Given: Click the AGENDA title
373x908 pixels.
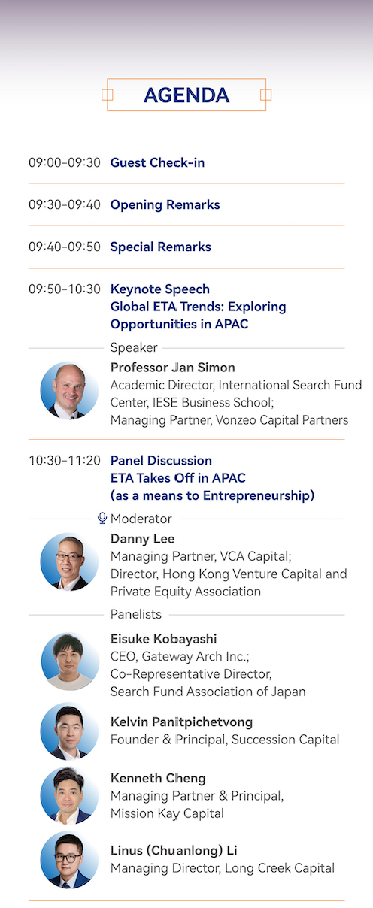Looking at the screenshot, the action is (x=186, y=95).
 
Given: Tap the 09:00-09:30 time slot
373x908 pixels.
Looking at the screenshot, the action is (x=65, y=162).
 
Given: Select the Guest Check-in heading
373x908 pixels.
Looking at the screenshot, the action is (x=157, y=162).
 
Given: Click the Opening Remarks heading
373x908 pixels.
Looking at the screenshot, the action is (x=165, y=205).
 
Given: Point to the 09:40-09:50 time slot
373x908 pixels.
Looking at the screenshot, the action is (x=65, y=247).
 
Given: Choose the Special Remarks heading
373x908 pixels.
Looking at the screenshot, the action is (x=160, y=247).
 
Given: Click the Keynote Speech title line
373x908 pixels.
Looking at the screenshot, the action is (x=160, y=289).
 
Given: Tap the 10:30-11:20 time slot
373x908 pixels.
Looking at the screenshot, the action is (x=65, y=461).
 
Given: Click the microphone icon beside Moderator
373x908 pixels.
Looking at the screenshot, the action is (x=102, y=518).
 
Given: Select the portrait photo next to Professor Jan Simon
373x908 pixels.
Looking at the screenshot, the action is (x=69, y=391).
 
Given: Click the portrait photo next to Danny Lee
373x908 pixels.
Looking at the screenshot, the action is (x=69, y=561).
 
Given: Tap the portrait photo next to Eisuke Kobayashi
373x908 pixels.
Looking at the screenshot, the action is (x=70, y=661).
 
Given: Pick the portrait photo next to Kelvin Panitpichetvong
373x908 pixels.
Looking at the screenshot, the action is (x=69, y=731).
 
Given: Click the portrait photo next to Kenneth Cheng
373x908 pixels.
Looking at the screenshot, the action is (x=69, y=796).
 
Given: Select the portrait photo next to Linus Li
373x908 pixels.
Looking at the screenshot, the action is (x=69, y=860).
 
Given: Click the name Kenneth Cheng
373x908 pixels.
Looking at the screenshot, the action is (x=158, y=778).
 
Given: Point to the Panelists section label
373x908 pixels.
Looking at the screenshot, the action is (x=136, y=615).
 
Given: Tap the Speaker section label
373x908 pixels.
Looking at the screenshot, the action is (x=134, y=348).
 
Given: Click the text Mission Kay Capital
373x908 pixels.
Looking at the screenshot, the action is (x=167, y=813).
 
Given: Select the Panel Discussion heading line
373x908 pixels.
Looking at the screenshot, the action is (x=161, y=461).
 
